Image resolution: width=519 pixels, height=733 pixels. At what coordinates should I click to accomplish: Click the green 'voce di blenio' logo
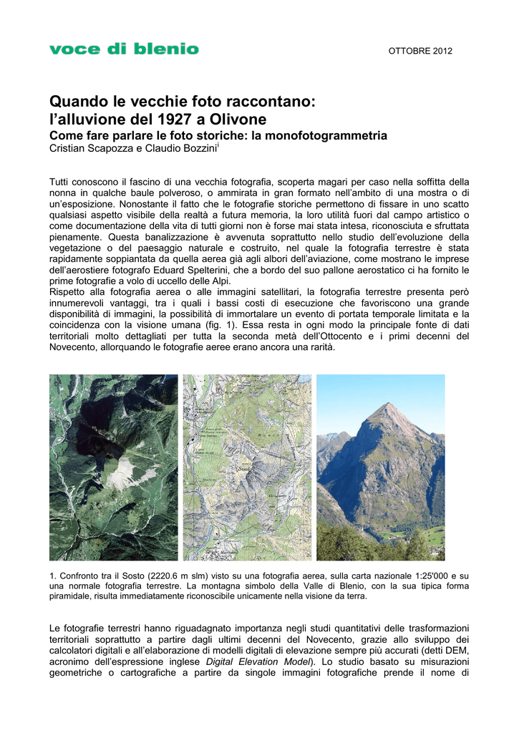124,49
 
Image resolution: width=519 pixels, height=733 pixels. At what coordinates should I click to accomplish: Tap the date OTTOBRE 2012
420,51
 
